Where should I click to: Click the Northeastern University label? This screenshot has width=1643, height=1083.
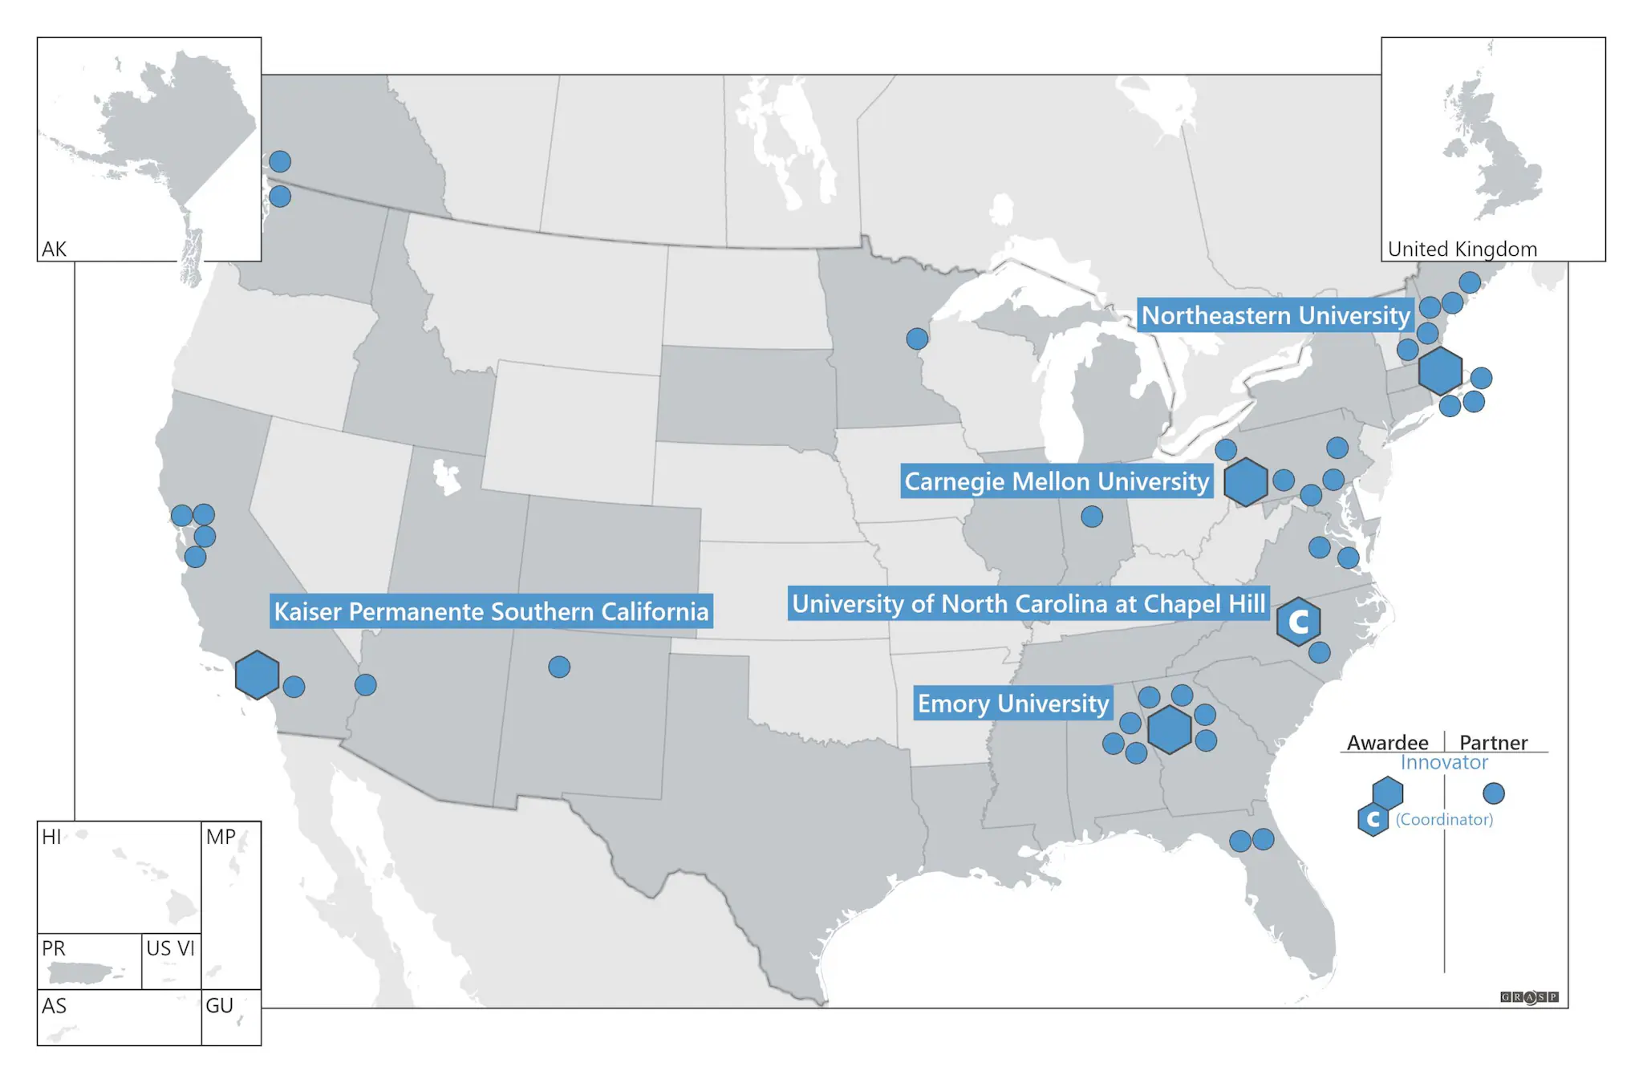pos(1275,315)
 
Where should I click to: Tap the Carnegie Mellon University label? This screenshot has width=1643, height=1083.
pos(1056,481)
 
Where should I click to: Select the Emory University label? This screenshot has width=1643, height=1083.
pos(1013,704)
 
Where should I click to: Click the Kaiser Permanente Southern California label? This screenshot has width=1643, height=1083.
pos(491,611)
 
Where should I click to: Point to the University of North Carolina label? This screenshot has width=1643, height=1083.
pos(1028,603)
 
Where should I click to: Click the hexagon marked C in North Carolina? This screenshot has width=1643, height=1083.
pos(1298,622)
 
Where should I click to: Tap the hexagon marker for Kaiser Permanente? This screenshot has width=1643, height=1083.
pos(257,675)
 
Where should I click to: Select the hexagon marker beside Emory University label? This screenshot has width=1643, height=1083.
pos(1169,729)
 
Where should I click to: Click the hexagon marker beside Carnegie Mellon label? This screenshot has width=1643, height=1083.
pos(1246,481)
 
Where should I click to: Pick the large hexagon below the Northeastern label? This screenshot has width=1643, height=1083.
pos(1440,371)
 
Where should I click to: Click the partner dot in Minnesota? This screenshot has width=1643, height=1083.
pos(917,339)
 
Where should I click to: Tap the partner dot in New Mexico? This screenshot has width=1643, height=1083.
pos(559,667)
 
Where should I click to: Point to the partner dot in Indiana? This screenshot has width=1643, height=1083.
pos(1092,516)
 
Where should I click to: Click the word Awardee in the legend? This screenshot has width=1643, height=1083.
pos(1387,742)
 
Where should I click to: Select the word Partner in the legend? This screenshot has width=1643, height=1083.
pos(1493,742)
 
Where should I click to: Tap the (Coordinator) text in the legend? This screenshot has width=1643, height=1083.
pos(1444,819)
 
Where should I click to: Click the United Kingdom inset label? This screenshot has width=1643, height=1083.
pos(1462,249)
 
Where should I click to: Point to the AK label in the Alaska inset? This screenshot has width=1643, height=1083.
pos(54,249)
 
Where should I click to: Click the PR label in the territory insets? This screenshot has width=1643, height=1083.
pos(54,948)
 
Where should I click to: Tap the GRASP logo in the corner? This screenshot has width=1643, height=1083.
pos(1529,997)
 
